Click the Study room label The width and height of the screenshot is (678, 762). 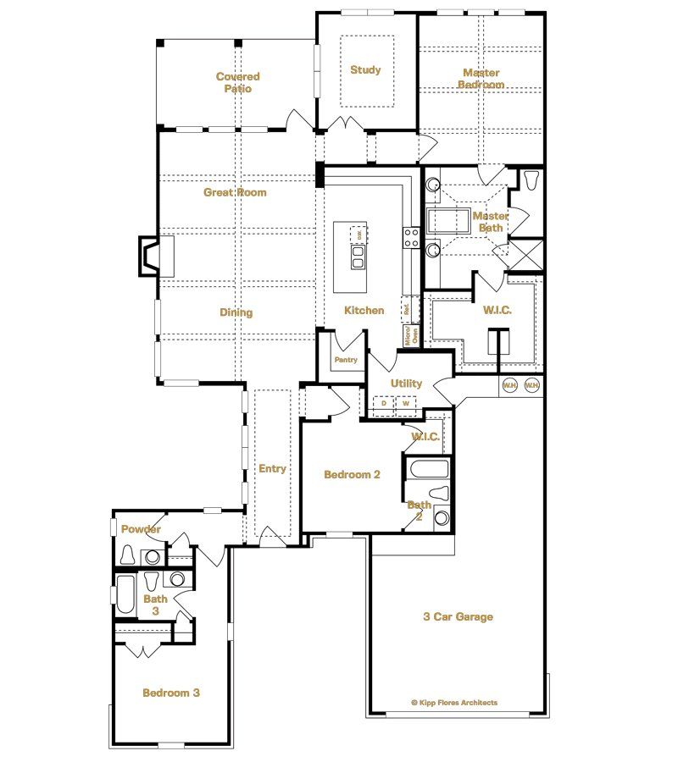click(365, 70)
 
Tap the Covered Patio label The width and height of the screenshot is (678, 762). click(237, 82)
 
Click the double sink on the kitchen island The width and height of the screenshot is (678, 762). click(358, 257)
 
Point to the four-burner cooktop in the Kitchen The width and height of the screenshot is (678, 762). click(412, 238)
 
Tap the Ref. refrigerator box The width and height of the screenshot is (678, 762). click(407, 310)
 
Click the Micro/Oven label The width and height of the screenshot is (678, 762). click(408, 336)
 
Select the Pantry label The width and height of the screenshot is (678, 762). click(346, 360)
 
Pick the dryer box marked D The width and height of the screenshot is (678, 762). click(384, 404)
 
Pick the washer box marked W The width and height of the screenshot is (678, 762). click(406, 404)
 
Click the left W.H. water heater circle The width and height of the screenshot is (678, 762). click(510, 385)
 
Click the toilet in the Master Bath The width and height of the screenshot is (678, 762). click(531, 181)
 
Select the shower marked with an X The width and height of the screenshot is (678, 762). click(525, 255)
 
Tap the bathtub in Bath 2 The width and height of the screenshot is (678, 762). click(427, 468)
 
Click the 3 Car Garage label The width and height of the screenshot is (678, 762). click(458, 617)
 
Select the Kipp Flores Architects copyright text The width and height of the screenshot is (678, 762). click(454, 702)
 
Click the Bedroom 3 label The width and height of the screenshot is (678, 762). click(171, 693)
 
